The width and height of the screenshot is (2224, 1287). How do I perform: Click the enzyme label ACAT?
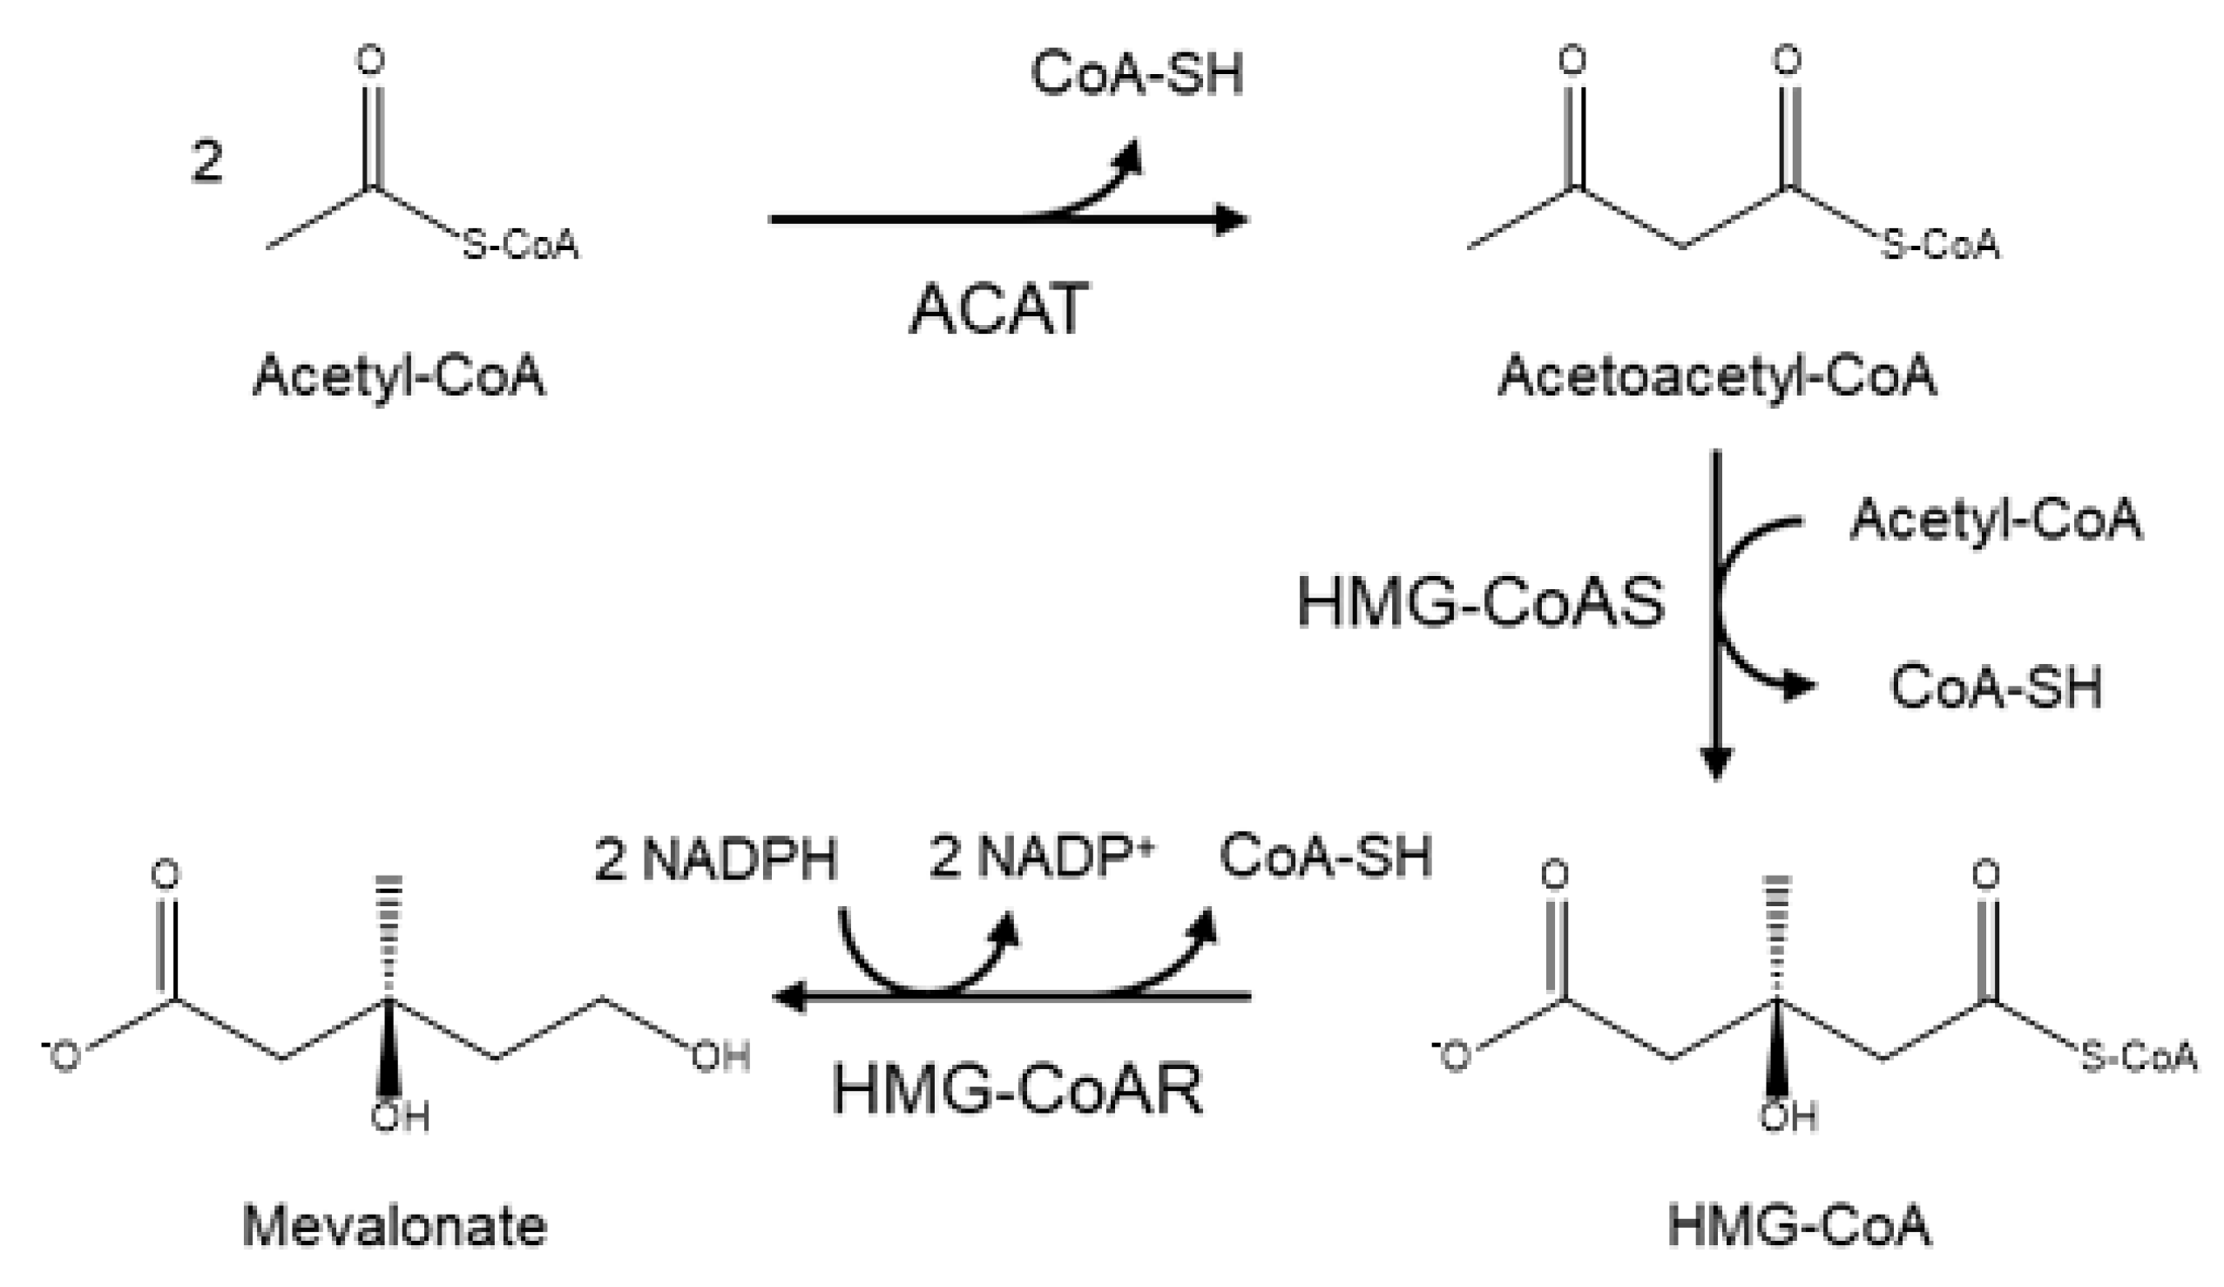tap(998, 310)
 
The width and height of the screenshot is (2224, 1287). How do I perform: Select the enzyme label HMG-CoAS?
tap(1480, 604)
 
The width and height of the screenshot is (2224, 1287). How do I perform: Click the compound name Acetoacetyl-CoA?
tap(1716, 376)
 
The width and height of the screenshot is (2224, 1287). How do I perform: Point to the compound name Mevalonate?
tap(395, 1227)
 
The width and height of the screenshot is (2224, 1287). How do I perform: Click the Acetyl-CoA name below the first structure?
tap(399, 376)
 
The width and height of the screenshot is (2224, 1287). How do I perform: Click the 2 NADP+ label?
tap(1041, 857)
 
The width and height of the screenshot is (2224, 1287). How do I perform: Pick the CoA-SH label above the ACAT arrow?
tap(1137, 74)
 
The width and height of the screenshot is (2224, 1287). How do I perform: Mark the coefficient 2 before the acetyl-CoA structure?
tap(206, 163)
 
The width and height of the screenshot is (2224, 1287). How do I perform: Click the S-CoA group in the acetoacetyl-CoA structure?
tap(1941, 245)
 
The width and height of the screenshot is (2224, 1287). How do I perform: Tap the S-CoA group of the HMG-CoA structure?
tap(2139, 1056)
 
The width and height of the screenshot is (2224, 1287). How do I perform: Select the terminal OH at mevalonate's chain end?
tap(720, 1057)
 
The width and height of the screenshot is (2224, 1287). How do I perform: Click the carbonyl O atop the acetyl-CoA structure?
tap(371, 60)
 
